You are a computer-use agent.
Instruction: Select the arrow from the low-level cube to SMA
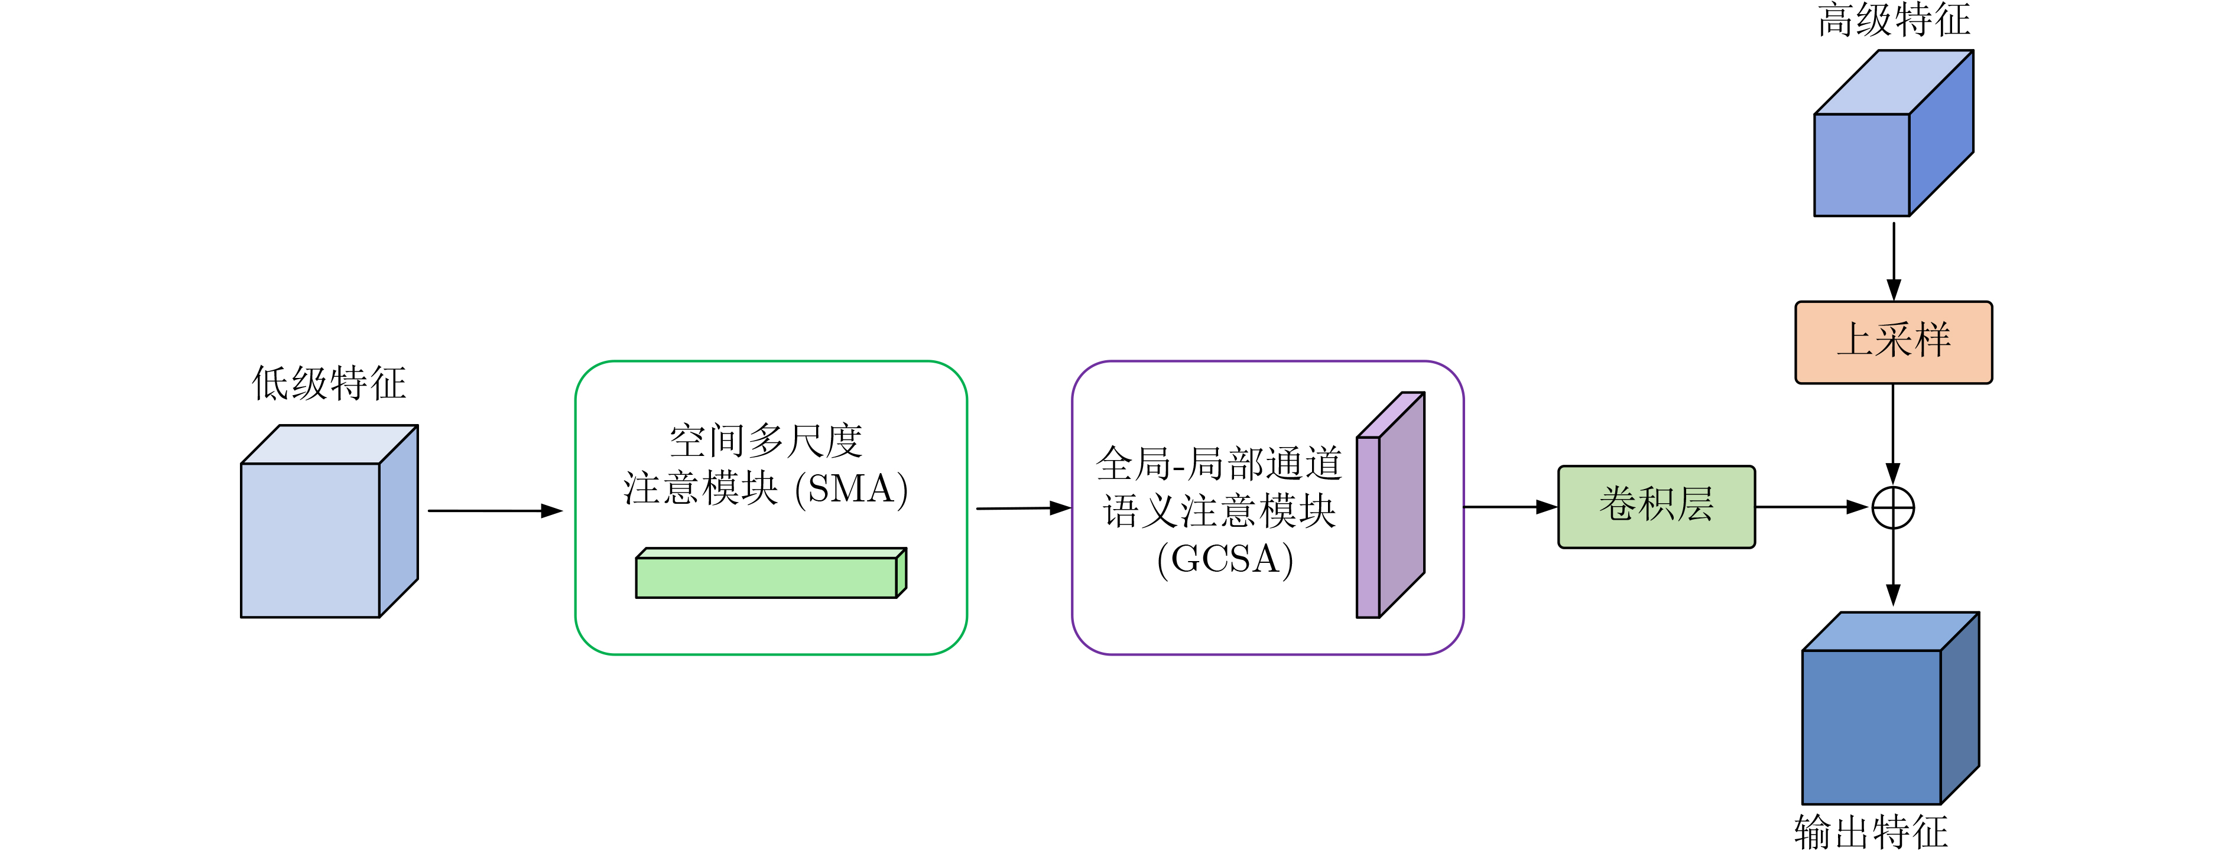(x=494, y=511)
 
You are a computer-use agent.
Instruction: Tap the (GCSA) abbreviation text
(x=1225, y=559)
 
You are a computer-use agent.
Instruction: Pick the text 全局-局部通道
(x=1219, y=464)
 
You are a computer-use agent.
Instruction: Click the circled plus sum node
(x=1893, y=508)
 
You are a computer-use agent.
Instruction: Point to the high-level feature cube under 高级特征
(x=1882, y=148)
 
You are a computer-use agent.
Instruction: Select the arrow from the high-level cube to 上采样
(x=1894, y=260)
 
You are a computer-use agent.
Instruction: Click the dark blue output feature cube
(x=1882, y=719)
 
